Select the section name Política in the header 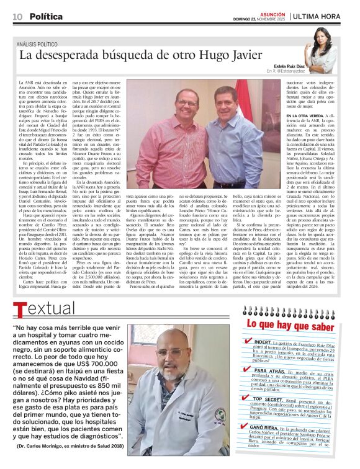click(46, 16)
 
